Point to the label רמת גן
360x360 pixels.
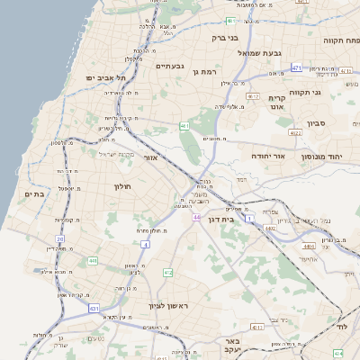(x=206, y=69)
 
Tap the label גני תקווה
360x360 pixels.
(x=331, y=93)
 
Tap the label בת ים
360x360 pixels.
(x=34, y=193)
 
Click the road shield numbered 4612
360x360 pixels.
(x=253, y=96)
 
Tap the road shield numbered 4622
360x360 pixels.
(x=294, y=132)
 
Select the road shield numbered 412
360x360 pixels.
(x=167, y=272)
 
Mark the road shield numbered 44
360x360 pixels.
(x=196, y=217)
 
